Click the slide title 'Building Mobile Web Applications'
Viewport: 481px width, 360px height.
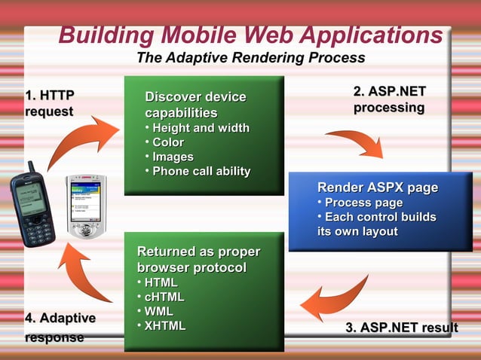[x=250, y=35]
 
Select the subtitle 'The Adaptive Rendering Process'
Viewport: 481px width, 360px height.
[x=250, y=58]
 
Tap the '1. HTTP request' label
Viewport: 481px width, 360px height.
[x=49, y=103]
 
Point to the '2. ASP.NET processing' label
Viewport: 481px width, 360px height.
[x=389, y=99]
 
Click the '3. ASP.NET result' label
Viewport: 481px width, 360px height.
[x=401, y=328]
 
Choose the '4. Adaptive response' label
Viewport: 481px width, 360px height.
[x=60, y=328]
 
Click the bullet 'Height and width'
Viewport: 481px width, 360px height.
[x=201, y=127]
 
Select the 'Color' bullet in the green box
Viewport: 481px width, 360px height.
[x=167, y=142]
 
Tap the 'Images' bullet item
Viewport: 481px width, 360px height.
[x=173, y=157]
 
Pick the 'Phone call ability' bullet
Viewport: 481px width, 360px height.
[x=201, y=171]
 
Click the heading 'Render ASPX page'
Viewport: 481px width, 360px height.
[x=377, y=188]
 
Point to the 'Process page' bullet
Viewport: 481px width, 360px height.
[x=363, y=203]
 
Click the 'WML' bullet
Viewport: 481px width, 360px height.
[x=158, y=311]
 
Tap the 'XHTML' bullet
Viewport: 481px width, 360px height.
[x=164, y=325]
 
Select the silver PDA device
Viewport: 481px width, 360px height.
[x=87, y=206]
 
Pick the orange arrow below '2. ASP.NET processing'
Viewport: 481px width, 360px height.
[x=358, y=142]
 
